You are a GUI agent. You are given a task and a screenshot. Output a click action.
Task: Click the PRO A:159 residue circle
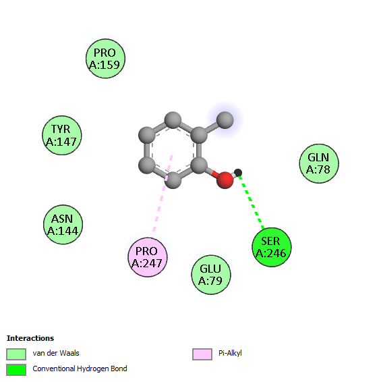pyautogui.click(x=105, y=59)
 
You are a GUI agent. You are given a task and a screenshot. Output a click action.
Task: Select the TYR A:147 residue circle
pyautogui.click(x=62, y=135)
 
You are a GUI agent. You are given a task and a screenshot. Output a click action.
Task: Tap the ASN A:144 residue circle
pyautogui.click(x=63, y=225)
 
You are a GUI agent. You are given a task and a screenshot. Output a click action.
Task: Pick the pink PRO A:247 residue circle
pyautogui.click(x=148, y=257)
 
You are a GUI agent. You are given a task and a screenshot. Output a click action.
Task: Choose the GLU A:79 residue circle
pyautogui.click(x=211, y=275)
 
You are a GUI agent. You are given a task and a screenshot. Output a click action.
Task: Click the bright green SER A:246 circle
pyautogui.click(x=272, y=247)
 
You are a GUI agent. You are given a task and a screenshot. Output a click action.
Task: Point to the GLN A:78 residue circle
pyautogui.click(x=319, y=163)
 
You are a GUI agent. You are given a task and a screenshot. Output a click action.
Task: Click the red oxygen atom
pyautogui.click(x=225, y=180)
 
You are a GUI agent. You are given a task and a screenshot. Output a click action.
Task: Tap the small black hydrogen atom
pyautogui.click(x=238, y=173)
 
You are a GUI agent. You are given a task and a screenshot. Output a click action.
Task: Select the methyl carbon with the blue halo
pyautogui.click(x=225, y=120)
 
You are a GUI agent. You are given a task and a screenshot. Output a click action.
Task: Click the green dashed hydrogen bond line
pyautogui.click(x=252, y=202)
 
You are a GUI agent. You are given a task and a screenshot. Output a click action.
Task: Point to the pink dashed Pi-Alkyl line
pyautogui.click(x=163, y=193)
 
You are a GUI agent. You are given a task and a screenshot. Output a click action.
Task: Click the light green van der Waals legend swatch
pyautogui.click(x=16, y=354)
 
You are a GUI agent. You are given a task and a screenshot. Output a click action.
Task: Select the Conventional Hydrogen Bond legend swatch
pyautogui.click(x=16, y=370)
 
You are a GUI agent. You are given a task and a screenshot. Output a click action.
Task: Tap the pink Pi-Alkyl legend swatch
pyautogui.click(x=202, y=354)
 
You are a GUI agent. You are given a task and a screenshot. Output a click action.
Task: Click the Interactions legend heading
pyautogui.click(x=30, y=338)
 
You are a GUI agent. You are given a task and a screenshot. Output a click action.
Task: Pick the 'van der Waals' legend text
pyautogui.click(x=56, y=353)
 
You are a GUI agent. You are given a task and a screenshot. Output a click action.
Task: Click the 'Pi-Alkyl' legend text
pyautogui.click(x=230, y=353)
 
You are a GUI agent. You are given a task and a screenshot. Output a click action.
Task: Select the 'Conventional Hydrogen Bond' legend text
pyautogui.click(x=80, y=369)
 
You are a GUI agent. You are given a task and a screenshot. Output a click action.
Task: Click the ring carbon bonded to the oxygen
pyautogui.click(x=199, y=165)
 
